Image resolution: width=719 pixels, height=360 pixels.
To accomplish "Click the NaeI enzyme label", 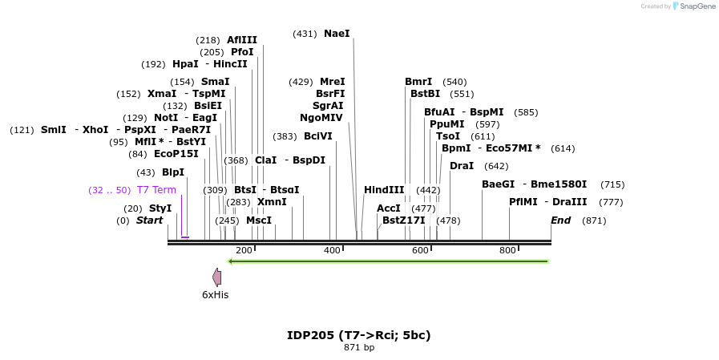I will pyautogui.click(x=337, y=34).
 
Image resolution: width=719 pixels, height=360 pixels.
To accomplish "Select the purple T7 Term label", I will pyautogui.click(x=156, y=190).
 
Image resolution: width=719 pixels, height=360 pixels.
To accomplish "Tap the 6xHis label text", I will pyautogui.click(x=215, y=294).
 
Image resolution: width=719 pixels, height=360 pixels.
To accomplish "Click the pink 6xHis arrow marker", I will pyautogui.click(x=216, y=277).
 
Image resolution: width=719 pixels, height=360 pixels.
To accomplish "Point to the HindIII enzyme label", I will pyautogui.click(x=384, y=190).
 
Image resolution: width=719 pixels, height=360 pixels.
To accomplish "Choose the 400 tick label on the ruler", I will pyautogui.click(x=332, y=251).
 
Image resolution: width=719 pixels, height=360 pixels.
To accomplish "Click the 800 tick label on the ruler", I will pyautogui.click(x=507, y=251).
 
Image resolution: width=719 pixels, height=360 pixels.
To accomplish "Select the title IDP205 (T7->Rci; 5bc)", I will pyautogui.click(x=359, y=335).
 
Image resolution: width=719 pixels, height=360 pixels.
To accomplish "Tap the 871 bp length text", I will pyautogui.click(x=359, y=347).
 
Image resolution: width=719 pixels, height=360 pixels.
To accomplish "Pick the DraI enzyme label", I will pyautogui.click(x=462, y=166).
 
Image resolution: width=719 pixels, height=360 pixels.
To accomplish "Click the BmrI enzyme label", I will pyautogui.click(x=418, y=82).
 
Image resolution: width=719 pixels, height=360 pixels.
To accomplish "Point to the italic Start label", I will pyautogui.click(x=149, y=220).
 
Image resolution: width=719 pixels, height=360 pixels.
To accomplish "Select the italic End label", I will pyautogui.click(x=561, y=220).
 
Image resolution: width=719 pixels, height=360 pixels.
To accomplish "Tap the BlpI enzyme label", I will pyautogui.click(x=173, y=172).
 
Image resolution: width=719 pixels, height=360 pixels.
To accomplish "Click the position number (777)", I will pyautogui.click(x=611, y=202).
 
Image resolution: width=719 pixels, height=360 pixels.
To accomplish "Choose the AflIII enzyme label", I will pyautogui.click(x=242, y=40).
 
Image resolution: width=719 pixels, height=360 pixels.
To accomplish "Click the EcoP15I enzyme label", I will pyautogui.click(x=176, y=154).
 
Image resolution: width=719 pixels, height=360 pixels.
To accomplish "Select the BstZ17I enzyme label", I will pyautogui.click(x=403, y=220).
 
